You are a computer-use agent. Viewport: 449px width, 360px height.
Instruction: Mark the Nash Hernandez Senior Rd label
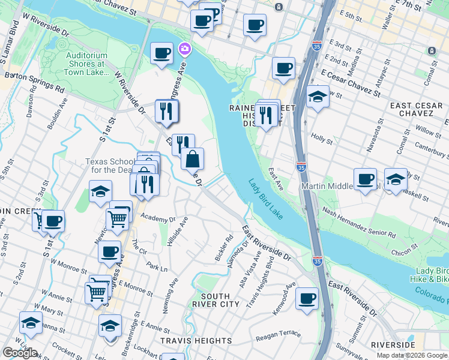359,221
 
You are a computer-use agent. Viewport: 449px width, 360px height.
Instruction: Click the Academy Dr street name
158,219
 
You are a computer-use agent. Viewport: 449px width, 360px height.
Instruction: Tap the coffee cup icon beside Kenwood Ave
307,298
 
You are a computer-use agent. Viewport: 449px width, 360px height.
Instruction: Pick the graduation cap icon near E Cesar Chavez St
318,96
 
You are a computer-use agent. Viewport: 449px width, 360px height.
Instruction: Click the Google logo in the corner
20,353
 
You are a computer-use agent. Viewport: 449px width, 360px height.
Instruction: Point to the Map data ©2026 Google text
412,355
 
